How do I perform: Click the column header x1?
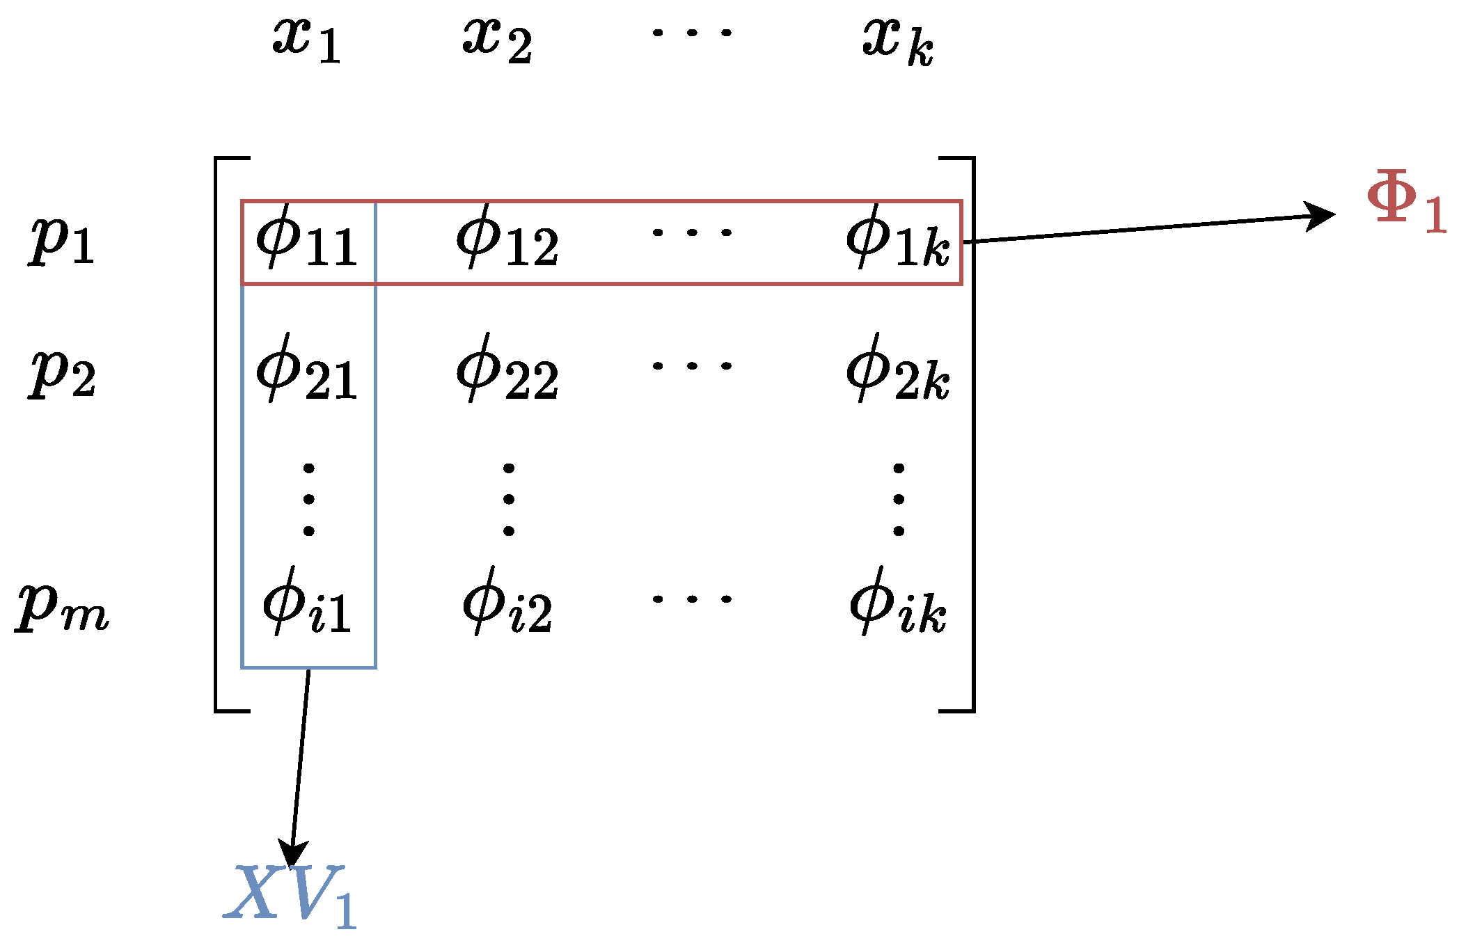click(306, 40)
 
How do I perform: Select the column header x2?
click(498, 40)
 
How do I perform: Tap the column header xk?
click(898, 42)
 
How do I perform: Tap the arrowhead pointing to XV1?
click(292, 853)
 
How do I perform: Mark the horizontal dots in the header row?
click(692, 32)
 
